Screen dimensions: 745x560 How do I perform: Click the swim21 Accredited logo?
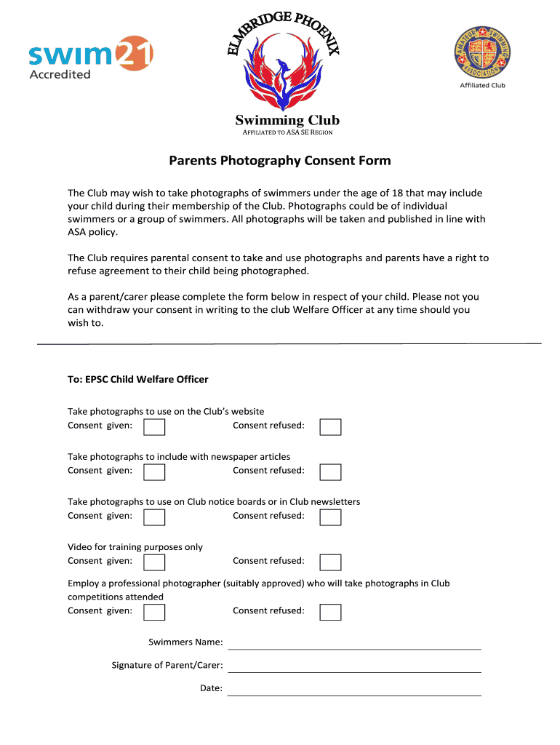click(90, 57)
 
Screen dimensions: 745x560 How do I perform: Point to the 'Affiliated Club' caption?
click(482, 86)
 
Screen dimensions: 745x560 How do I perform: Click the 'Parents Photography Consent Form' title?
click(280, 161)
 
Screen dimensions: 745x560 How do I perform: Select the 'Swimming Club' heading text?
click(287, 120)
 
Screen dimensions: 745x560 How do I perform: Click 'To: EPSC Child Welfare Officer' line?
click(138, 379)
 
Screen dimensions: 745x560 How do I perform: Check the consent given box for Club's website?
click(154, 426)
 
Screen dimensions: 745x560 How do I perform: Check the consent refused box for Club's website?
click(331, 426)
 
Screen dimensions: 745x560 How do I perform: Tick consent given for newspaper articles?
click(154, 471)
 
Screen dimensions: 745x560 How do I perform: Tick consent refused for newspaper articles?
click(331, 471)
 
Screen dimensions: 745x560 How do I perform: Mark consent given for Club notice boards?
click(154, 517)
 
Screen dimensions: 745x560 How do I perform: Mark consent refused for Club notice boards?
click(331, 517)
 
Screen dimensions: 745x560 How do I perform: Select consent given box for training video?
click(154, 562)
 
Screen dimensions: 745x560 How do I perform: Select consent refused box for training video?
click(331, 562)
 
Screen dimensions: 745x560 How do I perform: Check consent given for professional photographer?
click(154, 612)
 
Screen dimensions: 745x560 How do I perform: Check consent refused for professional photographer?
click(331, 612)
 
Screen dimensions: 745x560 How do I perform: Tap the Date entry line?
click(354, 689)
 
